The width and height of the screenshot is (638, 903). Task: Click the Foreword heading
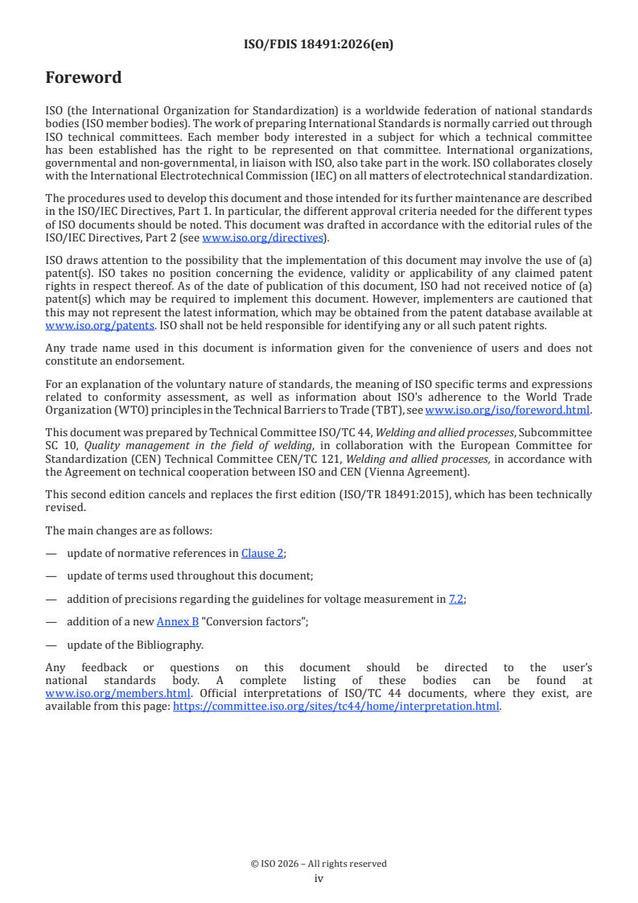click(x=84, y=78)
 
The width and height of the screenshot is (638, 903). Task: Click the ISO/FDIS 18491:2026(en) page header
click(x=319, y=44)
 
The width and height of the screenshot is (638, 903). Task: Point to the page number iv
click(x=319, y=878)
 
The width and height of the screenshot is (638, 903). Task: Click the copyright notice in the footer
click(x=319, y=864)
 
